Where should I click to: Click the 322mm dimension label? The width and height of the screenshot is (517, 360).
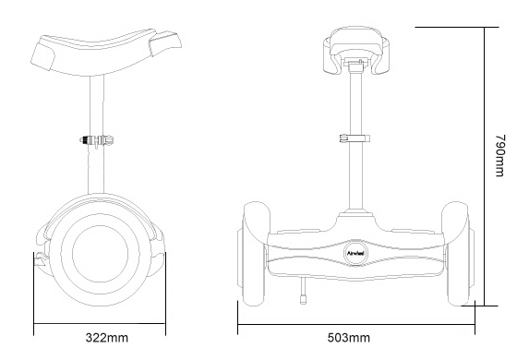[107, 338]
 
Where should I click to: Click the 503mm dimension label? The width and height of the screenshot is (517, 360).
[349, 338]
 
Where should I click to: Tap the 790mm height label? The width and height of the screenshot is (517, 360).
[499, 155]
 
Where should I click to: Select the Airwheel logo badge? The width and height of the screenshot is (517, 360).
[355, 253]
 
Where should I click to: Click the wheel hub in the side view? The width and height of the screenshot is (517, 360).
[100, 254]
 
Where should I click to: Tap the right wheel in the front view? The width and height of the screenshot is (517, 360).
[457, 254]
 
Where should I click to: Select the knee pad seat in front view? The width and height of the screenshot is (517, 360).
[356, 50]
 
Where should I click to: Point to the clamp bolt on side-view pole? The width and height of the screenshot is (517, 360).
[97, 140]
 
